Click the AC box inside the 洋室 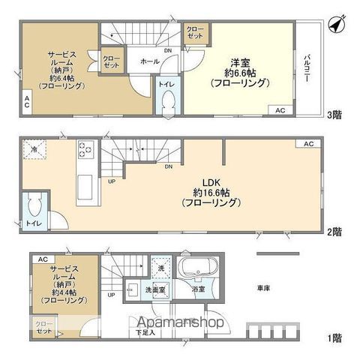pyautogui.click(x=280, y=110)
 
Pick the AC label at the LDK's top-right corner pyautogui.click(x=309, y=143)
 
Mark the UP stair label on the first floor pyautogui.click(x=111, y=295)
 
